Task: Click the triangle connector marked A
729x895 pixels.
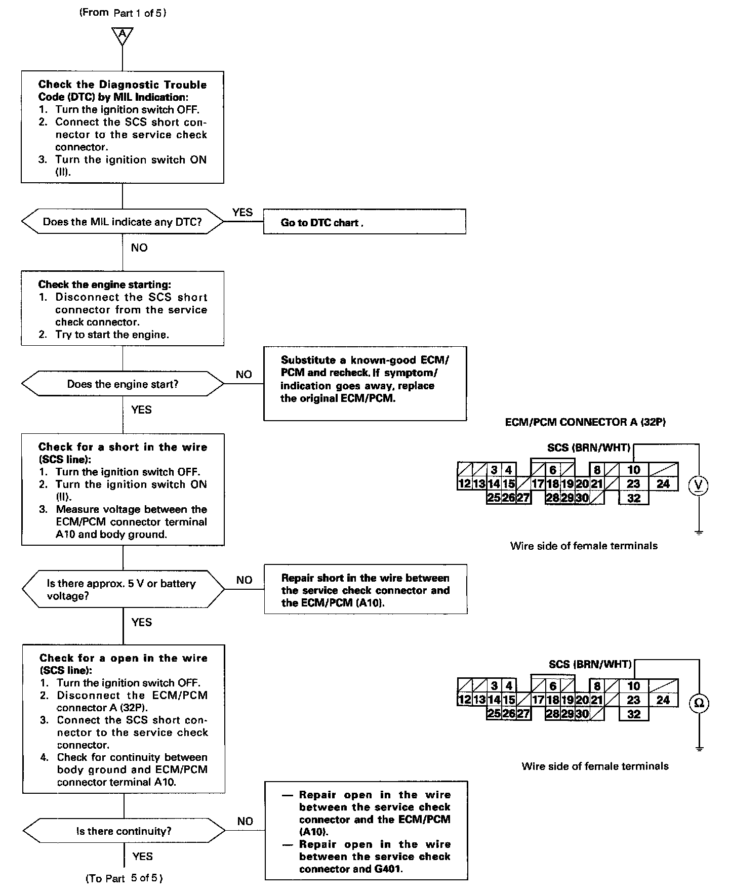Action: point(123,35)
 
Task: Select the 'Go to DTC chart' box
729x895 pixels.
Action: point(364,222)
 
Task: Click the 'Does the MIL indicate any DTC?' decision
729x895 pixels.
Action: point(123,222)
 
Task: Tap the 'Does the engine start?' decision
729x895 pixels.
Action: point(123,384)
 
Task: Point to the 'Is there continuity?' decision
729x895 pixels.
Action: point(124,831)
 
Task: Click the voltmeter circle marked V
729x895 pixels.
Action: point(699,485)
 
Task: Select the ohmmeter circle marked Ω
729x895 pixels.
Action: point(699,703)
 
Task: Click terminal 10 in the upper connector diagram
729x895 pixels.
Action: point(634,470)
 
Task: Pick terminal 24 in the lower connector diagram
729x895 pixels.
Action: point(663,700)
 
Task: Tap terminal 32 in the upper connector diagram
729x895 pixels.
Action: point(634,498)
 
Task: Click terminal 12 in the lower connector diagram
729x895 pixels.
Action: point(464,700)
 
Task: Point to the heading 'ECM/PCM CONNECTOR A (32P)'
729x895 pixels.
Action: point(585,422)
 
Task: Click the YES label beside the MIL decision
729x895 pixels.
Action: point(242,212)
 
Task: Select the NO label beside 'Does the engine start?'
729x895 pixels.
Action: point(244,375)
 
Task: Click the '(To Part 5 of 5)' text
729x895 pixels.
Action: point(124,878)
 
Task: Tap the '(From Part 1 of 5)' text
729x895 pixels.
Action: point(123,13)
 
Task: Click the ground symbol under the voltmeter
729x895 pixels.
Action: point(699,533)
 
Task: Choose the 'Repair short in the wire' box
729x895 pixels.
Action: point(366,590)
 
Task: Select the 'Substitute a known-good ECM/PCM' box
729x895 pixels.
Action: point(364,383)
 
